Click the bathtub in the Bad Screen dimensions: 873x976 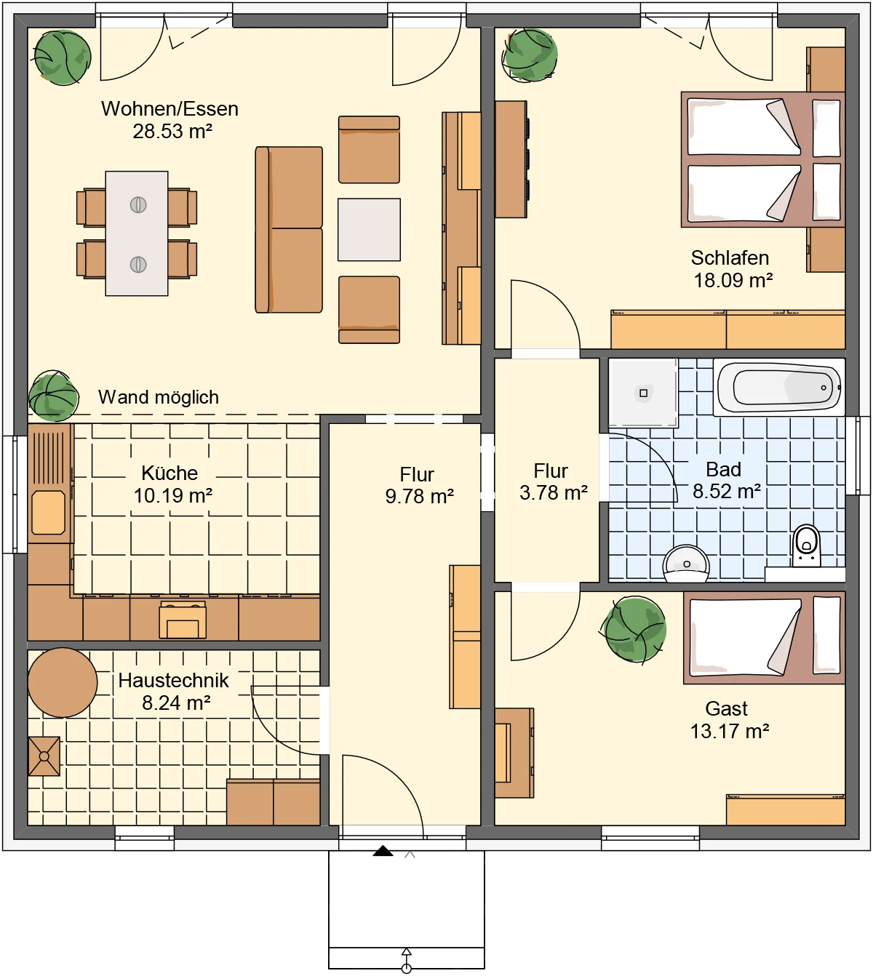778,387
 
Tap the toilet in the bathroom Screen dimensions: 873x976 806,545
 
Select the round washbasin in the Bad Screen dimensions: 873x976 686,564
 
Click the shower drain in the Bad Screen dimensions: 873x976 644,393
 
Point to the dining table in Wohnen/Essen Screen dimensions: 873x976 137,233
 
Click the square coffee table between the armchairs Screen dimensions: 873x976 369,230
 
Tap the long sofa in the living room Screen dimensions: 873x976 289,230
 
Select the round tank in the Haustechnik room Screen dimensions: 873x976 62,682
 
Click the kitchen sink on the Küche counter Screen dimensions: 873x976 48,513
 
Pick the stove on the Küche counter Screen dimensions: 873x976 183,620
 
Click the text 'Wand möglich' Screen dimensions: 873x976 159,397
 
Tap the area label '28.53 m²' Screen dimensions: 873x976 172,131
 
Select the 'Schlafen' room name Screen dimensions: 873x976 730,257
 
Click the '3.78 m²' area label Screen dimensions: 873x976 554,492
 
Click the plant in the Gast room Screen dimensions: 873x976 635,629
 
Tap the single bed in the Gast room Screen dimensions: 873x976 764,638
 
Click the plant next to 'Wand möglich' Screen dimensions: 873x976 54,396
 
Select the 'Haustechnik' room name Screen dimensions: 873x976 174,680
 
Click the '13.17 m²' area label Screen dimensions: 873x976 730,731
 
